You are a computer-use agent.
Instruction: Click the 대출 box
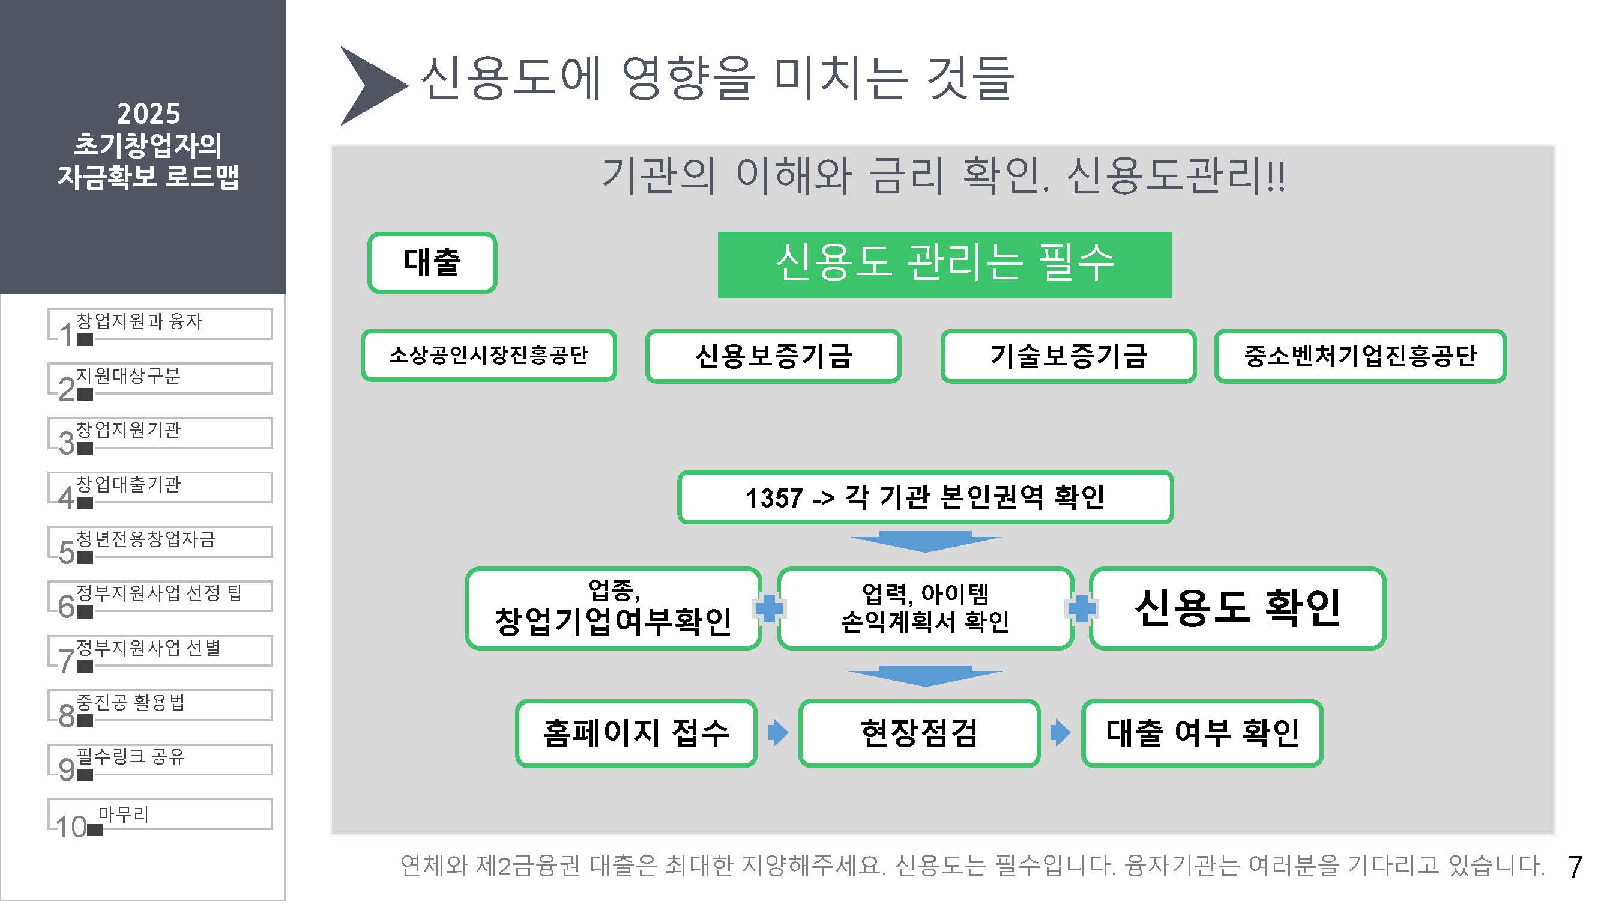[x=432, y=262]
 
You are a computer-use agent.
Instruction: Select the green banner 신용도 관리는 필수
[x=944, y=264]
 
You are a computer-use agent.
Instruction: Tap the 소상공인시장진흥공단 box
[x=489, y=356]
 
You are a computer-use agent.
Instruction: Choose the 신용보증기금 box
[x=773, y=356]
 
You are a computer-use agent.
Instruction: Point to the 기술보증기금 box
[x=1068, y=356]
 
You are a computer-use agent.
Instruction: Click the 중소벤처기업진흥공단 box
[x=1360, y=356]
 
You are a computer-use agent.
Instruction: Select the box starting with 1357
[x=925, y=497]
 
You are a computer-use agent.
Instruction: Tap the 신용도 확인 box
[x=1237, y=608]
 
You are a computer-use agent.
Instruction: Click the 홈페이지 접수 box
[x=636, y=733]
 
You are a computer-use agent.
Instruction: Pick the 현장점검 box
[x=919, y=733]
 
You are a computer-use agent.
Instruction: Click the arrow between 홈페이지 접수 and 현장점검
[x=777, y=732]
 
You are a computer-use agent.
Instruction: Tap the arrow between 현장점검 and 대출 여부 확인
[x=1060, y=732]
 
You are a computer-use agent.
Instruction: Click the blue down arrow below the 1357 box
[x=926, y=541]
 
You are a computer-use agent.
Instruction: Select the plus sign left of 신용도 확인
[x=1081, y=608]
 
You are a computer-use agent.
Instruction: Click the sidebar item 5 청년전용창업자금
[x=160, y=542]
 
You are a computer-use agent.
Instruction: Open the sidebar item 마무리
[x=160, y=814]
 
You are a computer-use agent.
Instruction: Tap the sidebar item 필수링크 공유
[x=160, y=759]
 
